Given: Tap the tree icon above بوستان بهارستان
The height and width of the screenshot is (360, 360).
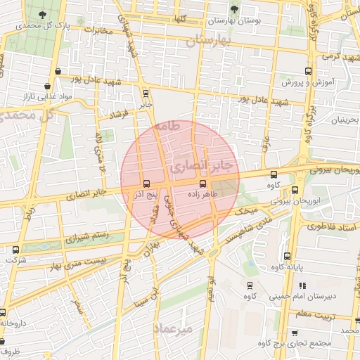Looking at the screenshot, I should point(234,9).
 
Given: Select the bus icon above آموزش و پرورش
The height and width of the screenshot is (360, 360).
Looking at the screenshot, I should point(308,71).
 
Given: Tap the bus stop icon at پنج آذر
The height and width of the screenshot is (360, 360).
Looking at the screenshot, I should point(146,184).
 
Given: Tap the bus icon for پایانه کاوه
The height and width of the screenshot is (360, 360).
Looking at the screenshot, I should point(286,256).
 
